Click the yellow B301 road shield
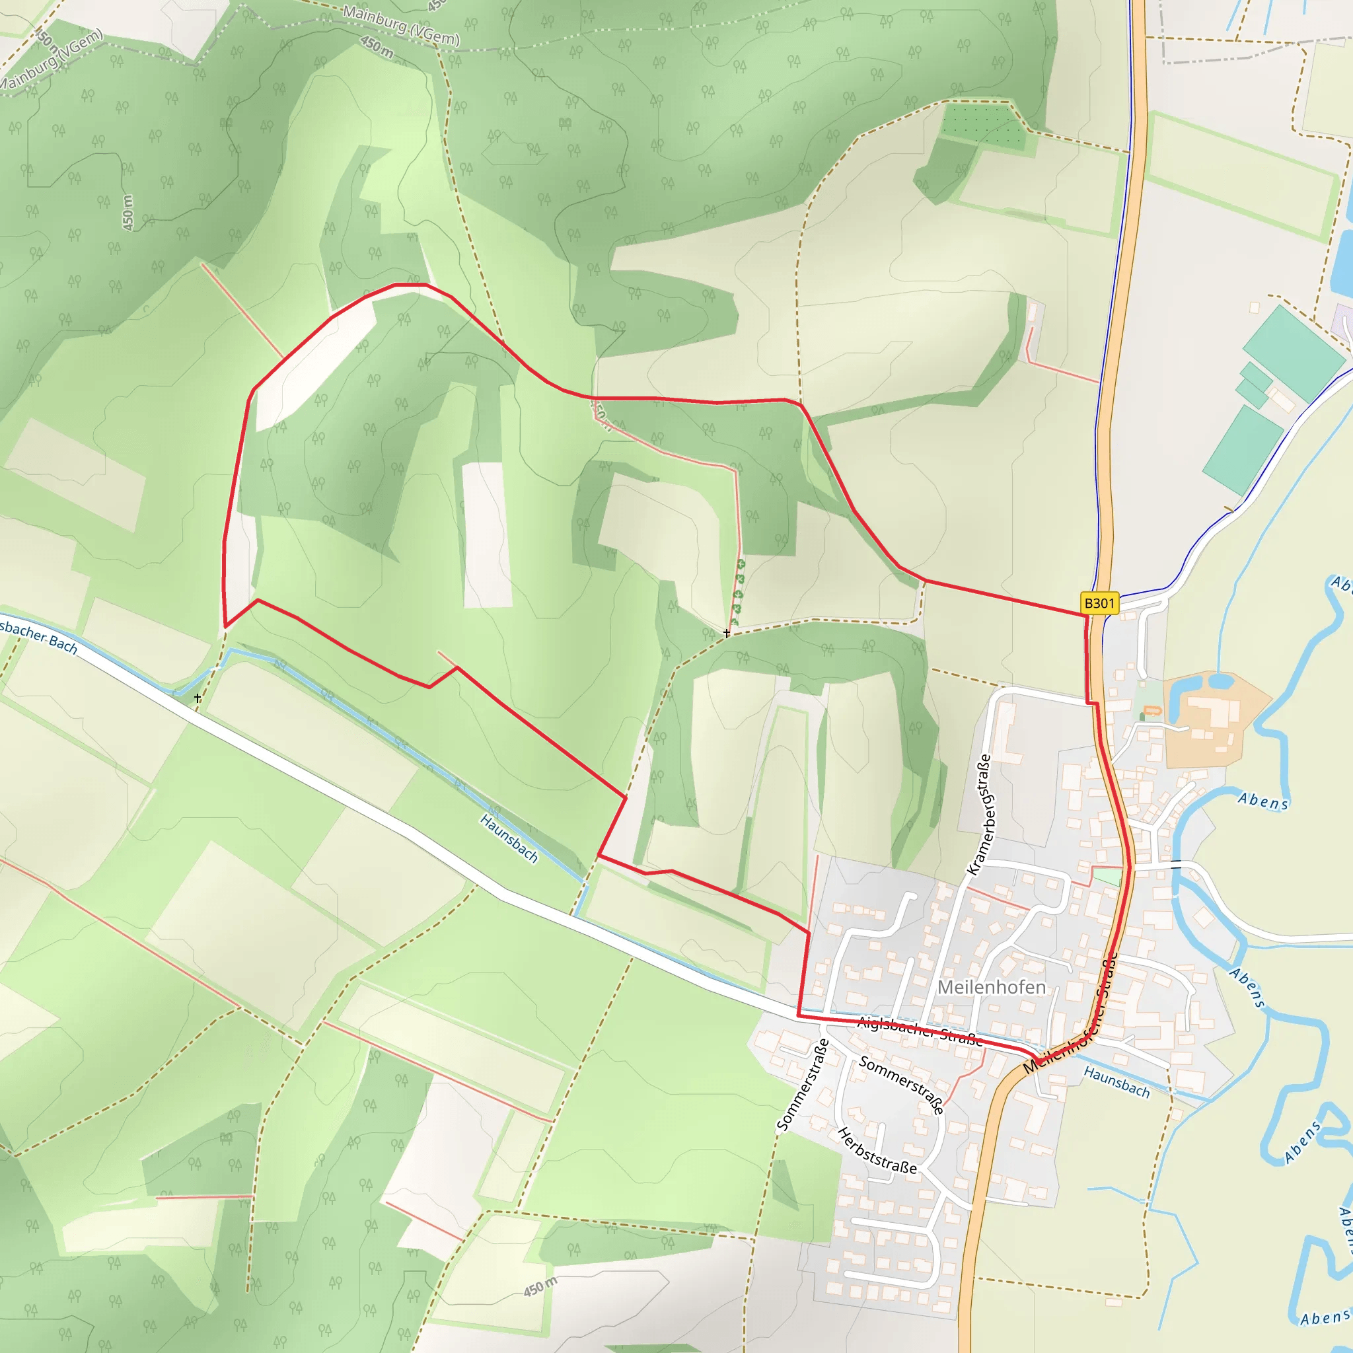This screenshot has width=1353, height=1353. [1099, 603]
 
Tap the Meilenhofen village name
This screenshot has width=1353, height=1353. [991, 987]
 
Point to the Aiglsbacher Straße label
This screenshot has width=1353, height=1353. [919, 1030]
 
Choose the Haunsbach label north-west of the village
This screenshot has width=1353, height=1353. [509, 838]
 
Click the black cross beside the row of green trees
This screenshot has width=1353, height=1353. [727, 633]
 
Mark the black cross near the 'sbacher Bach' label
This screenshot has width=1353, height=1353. [198, 698]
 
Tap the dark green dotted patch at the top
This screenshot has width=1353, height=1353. [982, 124]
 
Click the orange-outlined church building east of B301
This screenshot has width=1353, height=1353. [1152, 712]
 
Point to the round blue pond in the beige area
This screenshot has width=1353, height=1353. [1221, 680]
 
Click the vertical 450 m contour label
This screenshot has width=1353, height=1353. [128, 213]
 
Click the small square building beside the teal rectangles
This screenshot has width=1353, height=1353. [1255, 307]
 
